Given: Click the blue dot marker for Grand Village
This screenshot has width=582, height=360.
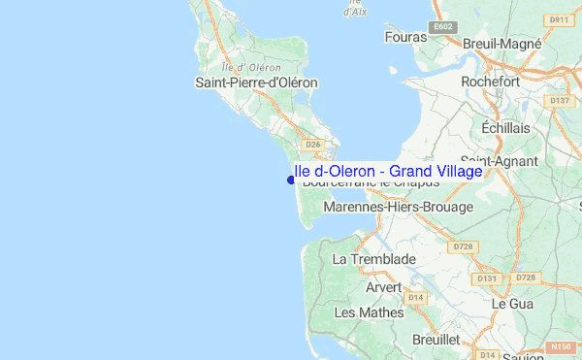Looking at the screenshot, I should click(x=291, y=179).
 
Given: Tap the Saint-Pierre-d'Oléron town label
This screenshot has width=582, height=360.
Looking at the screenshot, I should click(x=257, y=82).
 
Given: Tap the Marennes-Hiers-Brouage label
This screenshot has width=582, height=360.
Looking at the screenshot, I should click(x=398, y=207).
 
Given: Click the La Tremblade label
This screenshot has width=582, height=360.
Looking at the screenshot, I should click(x=373, y=259).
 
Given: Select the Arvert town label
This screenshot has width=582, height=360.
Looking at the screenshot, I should click(x=383, y=287).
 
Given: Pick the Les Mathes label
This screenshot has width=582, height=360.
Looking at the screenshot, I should click(x=360, y=312).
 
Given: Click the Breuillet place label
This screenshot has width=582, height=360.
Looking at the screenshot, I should click(x=436, y=340).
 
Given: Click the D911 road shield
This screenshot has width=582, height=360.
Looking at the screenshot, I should click(x=558, y=19).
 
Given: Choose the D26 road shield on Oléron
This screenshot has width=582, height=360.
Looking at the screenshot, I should click(x=312, y=145).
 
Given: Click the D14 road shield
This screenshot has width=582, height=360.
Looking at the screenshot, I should click(x=416, y=297).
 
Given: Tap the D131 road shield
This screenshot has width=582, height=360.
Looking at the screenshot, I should click(x=487, y=278).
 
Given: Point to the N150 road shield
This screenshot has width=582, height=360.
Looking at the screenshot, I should click(x=560, y=346).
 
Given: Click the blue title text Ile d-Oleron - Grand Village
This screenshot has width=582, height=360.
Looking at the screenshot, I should click(x=388, y=171).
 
